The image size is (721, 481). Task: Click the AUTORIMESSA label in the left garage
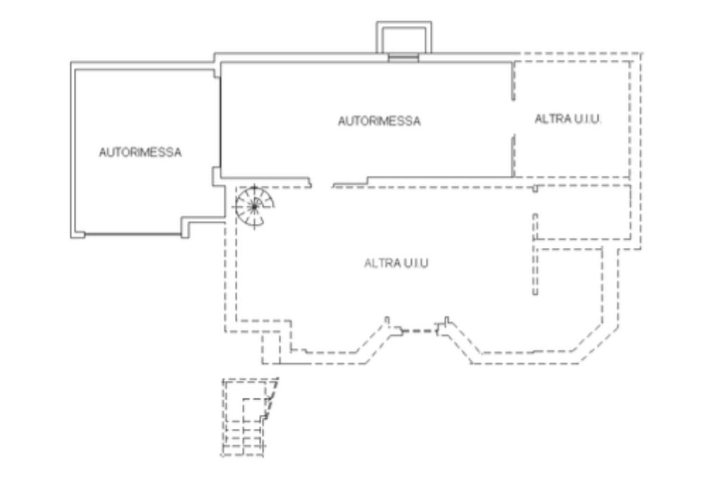coord(140,151)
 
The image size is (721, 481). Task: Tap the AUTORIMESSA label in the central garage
coord(379,121)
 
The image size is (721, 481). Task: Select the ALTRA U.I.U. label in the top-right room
coord(568,119)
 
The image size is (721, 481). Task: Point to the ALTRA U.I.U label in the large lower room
coord(396,263)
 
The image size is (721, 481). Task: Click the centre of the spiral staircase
coord(253,206)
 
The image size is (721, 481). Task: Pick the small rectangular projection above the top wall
coord(403,37)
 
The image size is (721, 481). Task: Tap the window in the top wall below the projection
coord(403,57)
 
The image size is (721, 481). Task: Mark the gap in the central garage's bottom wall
coord(322,185)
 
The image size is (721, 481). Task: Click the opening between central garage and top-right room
coord(512,120)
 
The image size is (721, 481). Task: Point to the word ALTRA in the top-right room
coord(549,119)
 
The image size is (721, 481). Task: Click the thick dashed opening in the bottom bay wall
coord(419,330)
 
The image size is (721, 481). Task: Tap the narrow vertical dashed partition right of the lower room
coord(535,254)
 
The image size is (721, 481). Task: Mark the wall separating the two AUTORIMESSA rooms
coord(219,120)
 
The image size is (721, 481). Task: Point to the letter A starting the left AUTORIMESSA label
coord(102,151)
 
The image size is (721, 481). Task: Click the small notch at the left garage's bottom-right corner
coord(189,227)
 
